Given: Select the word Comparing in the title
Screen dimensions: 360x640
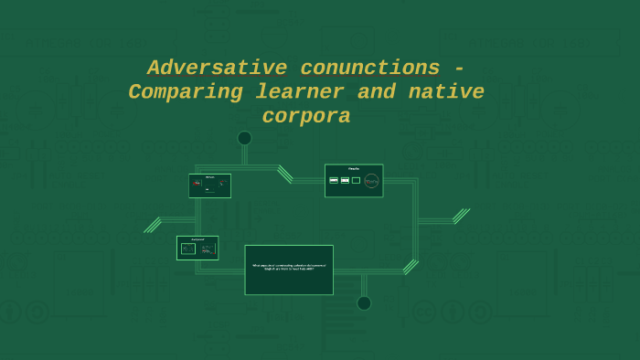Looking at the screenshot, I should point(186,92).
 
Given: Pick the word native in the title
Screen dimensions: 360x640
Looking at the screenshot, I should point(446,92).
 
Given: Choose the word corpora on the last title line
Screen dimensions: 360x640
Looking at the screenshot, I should point(306,117).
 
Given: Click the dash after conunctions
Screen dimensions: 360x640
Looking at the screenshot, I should point(459,69).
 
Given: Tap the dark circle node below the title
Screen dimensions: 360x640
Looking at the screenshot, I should point(244,138).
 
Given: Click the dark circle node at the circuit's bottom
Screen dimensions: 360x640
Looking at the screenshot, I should point(364,302).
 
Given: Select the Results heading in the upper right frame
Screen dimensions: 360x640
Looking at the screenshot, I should point(354,169).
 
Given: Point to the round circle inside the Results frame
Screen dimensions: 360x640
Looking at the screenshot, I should point(371,181).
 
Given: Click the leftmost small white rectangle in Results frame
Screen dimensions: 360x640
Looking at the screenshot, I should point(334,180).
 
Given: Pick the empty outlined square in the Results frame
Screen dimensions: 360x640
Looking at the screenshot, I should point(356,180).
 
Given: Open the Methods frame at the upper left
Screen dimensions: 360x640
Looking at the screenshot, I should point(209,185).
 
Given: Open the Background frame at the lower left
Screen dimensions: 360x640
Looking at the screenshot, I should point(197,248).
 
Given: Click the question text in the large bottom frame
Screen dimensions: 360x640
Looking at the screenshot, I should point(289,268).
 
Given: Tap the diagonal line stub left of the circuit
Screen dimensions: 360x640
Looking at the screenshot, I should point(152,225).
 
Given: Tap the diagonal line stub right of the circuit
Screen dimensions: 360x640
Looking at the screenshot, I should point(461,216).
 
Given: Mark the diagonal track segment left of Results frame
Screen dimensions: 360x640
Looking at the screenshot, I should point(285,174).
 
